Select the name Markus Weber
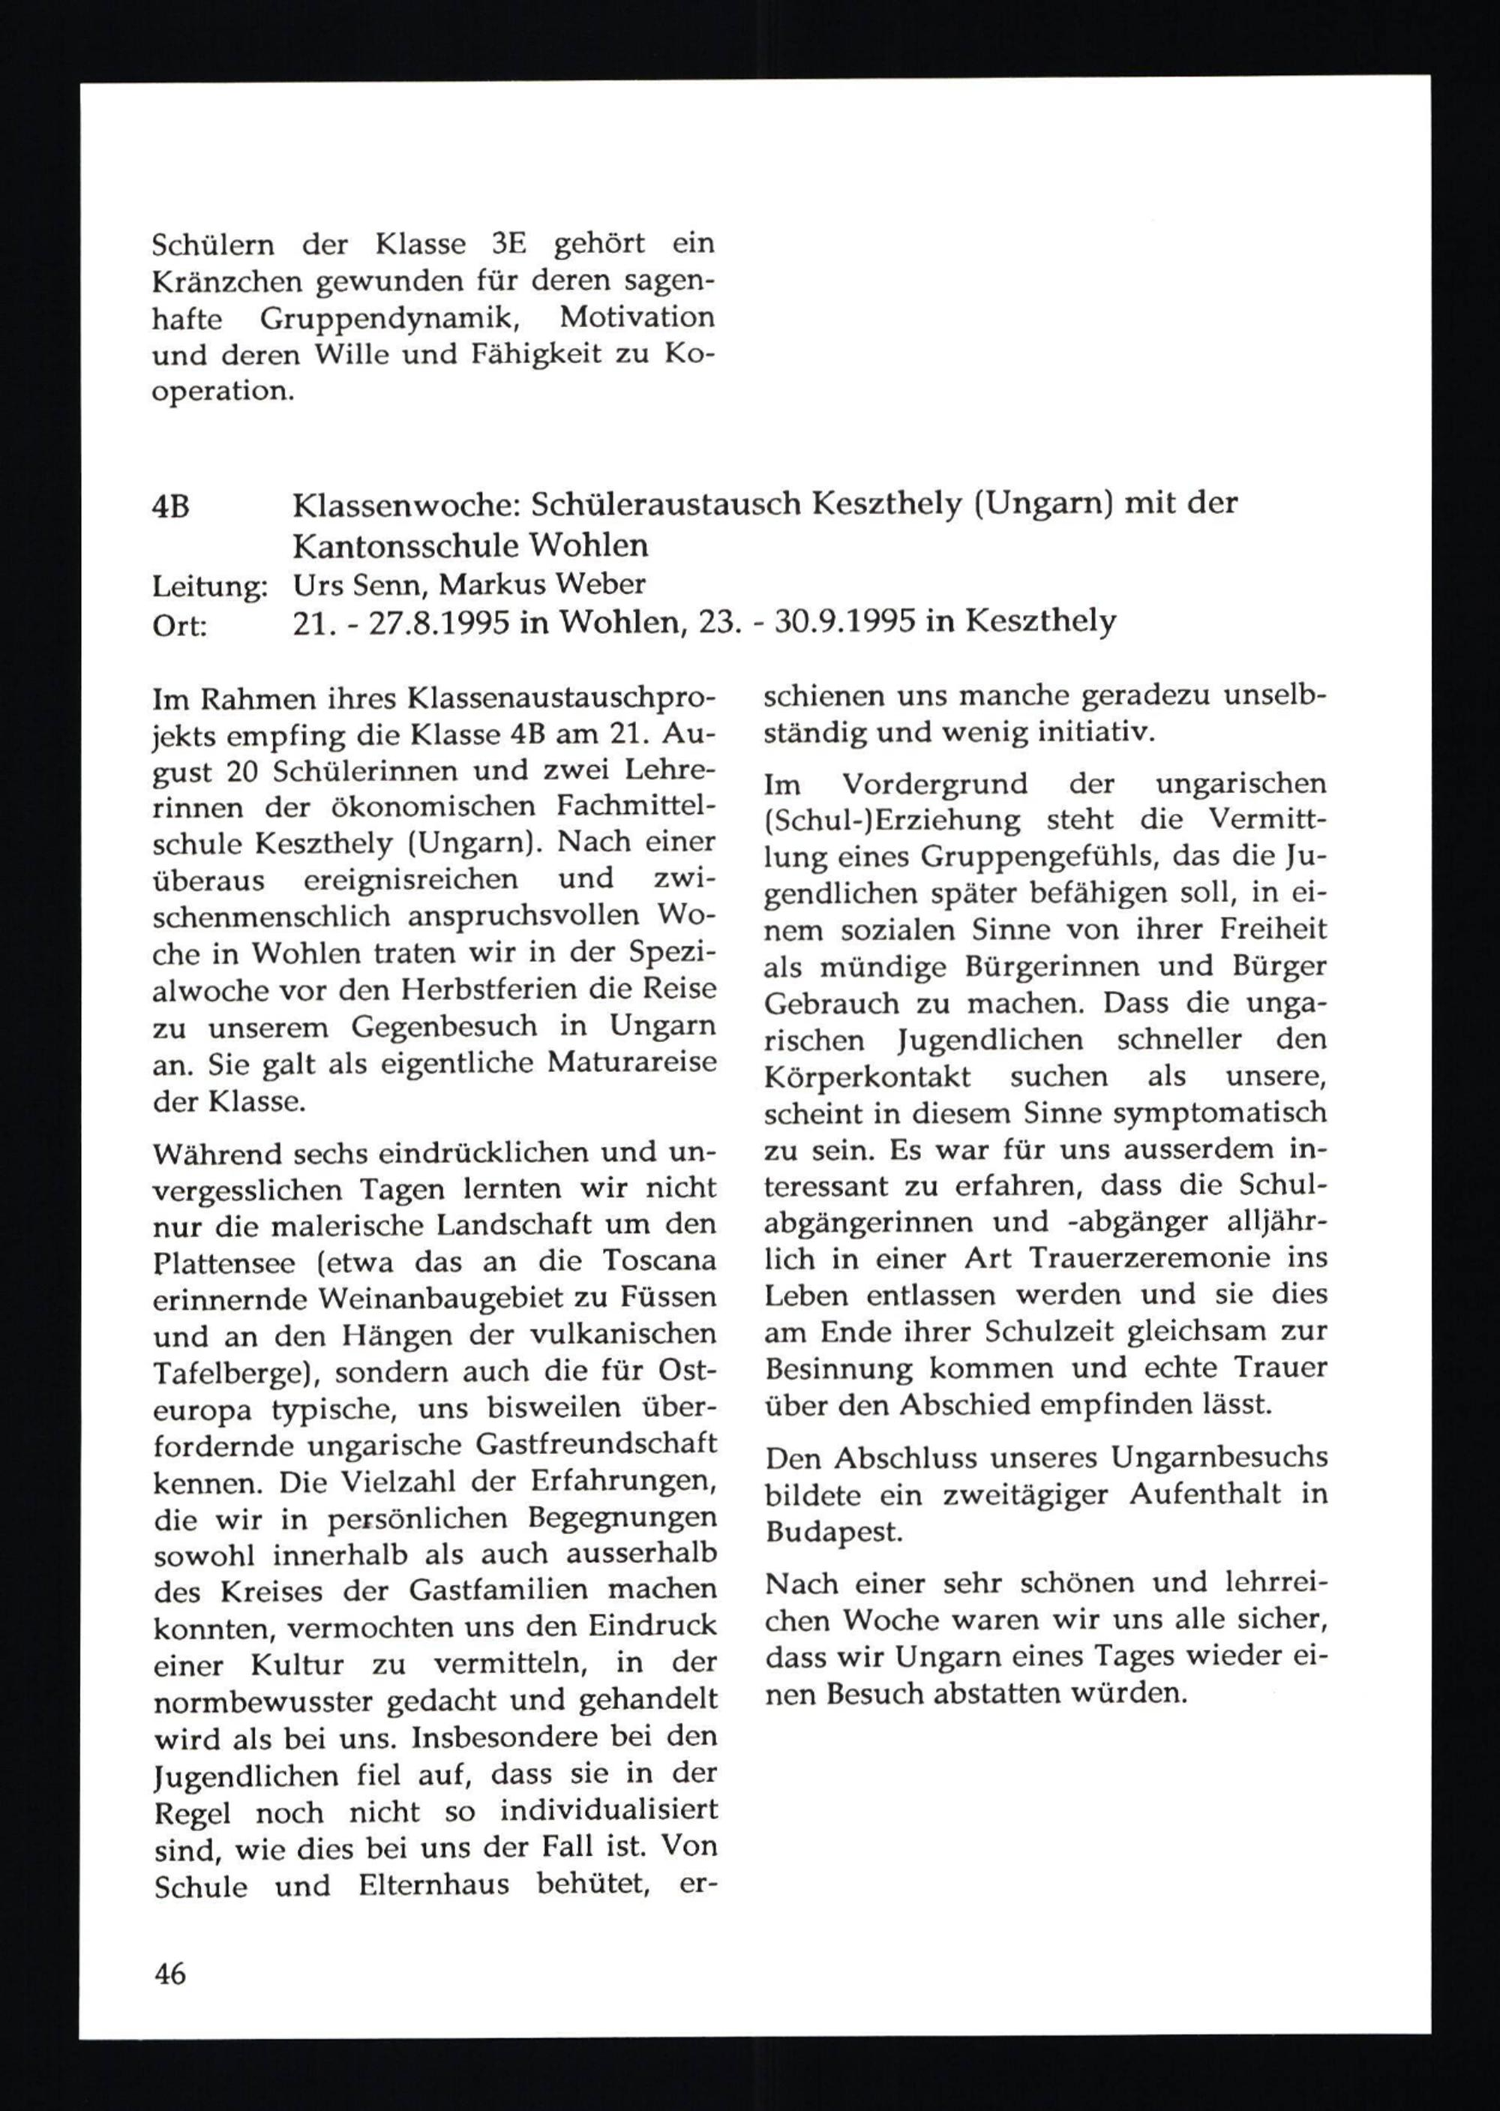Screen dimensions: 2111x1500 click(x=555, y=584)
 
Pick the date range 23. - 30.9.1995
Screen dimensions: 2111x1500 click(x=808, y=622)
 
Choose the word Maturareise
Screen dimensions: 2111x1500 click(x=631, y=1062)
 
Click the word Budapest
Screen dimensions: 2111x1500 click(x=831, y=1532)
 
